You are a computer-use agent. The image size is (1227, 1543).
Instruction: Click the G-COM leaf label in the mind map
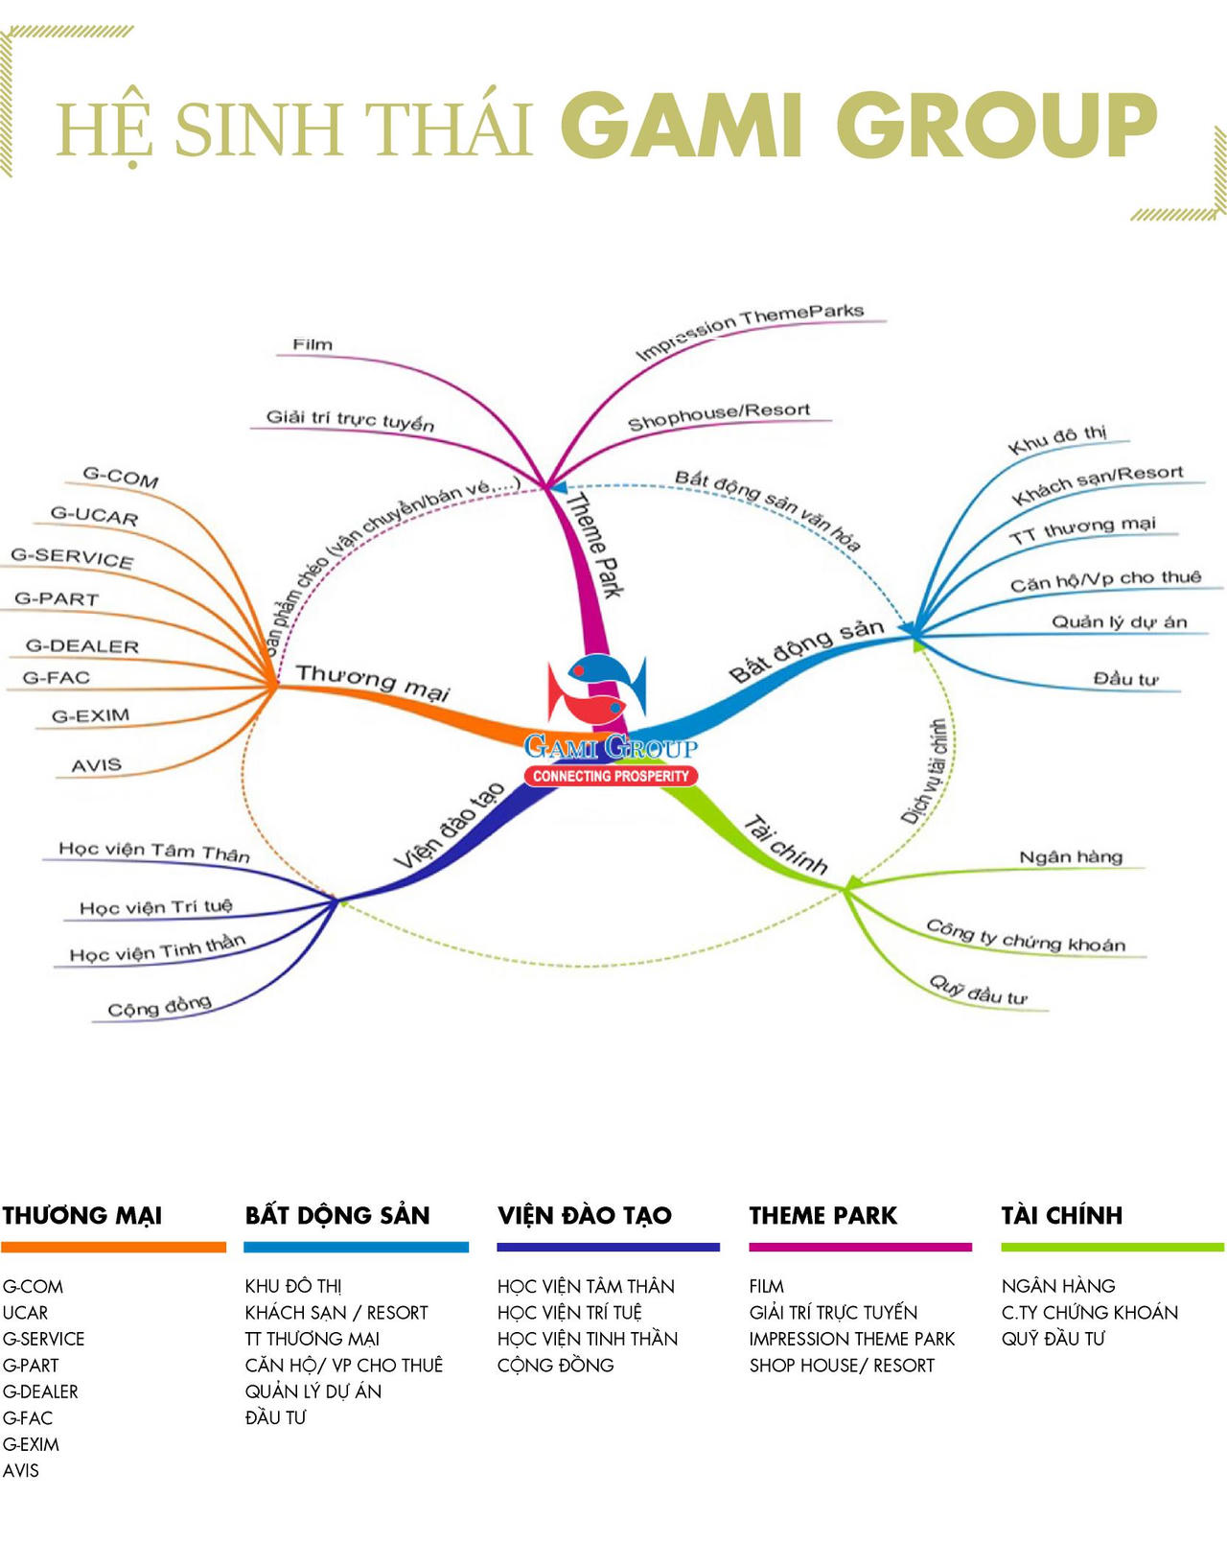121,477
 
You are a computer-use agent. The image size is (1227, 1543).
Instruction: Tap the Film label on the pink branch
313,345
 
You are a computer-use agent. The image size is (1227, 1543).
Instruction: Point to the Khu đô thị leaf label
1057,439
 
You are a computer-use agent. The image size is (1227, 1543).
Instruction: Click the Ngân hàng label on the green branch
1071,856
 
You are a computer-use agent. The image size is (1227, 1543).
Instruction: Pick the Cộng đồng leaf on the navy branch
160,1006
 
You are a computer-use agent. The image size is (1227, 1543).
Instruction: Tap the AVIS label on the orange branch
97,765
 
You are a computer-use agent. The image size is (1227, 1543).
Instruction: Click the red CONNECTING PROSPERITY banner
611,776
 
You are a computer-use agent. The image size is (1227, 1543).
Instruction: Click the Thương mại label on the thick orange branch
373,682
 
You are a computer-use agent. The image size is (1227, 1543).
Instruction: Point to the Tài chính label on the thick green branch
785,845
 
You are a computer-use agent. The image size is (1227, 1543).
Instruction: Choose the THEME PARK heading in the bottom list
822,1215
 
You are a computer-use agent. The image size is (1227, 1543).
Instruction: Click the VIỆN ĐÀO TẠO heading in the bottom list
585,1215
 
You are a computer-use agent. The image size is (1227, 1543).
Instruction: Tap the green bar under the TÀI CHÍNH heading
1112,1248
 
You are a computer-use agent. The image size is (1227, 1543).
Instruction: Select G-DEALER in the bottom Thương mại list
40,1391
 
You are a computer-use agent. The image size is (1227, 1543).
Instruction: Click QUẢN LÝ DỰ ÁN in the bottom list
313,1391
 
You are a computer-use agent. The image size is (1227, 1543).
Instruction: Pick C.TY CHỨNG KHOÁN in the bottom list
1089,1313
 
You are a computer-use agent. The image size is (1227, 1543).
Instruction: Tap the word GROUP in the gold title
997,126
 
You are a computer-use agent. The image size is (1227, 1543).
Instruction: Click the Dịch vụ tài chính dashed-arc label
925,771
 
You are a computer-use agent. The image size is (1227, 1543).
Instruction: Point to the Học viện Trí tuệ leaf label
156,907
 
